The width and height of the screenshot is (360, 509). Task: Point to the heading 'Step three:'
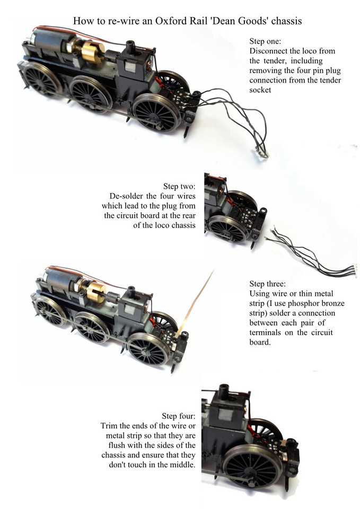(x=268, y=284)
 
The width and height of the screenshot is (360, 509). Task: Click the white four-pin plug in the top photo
(x=264, y=153)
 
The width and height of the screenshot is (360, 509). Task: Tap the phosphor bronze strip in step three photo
(x=199, y=300)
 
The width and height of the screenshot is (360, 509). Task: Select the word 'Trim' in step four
(x=110, y=426)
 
